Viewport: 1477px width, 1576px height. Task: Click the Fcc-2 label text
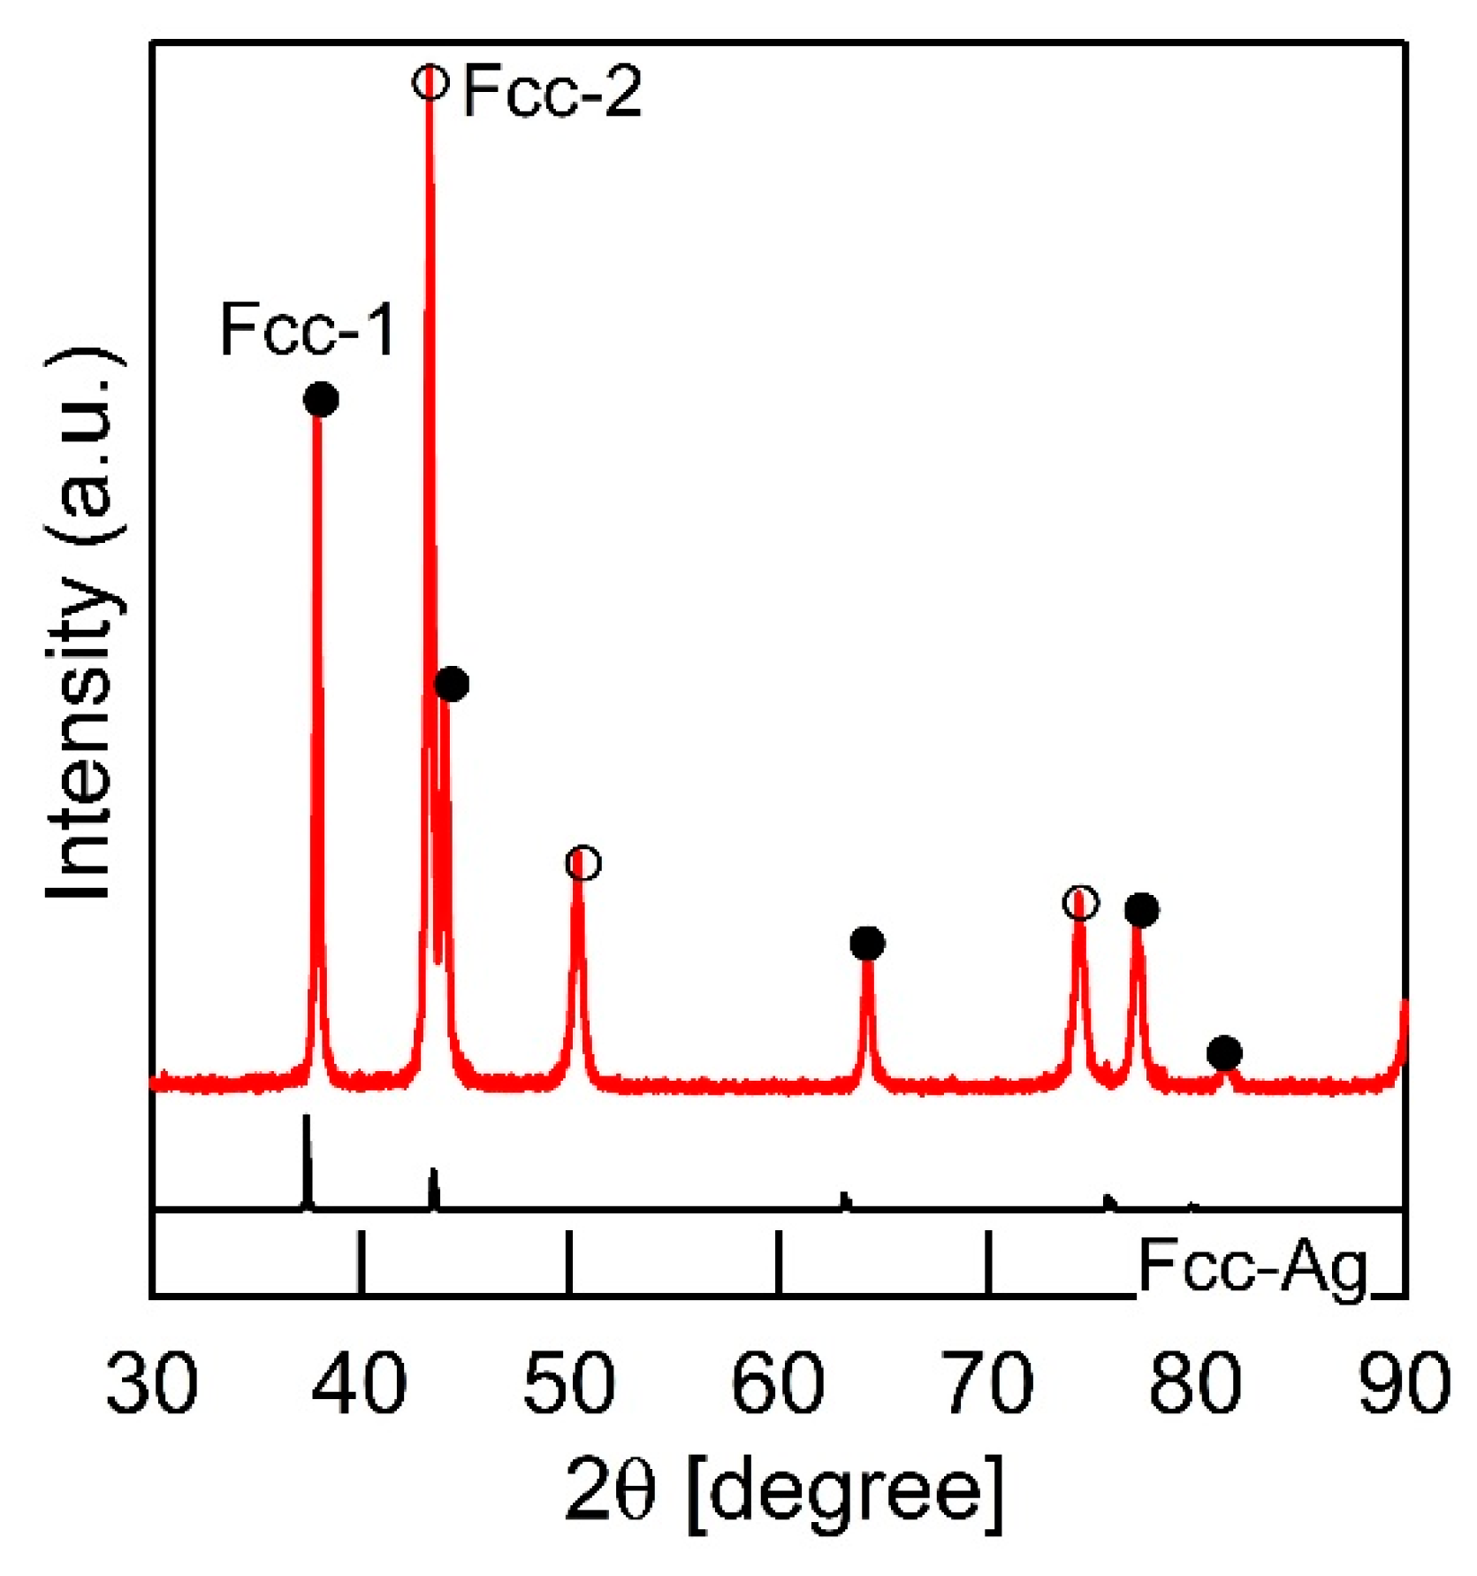click(x=552, y=91)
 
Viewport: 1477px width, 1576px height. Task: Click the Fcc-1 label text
click(x=307, y=329)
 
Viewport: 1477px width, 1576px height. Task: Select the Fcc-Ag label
click(x=1252, y=1266)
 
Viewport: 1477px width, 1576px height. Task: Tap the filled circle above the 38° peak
click(x=321, y=399)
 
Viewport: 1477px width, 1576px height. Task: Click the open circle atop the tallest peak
click(x=430, y=82)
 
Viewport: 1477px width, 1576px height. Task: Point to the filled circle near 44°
click(x=452, y=684)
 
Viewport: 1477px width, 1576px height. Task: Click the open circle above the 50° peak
click(x=582, y=863)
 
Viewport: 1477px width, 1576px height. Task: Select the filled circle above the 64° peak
click(x=867, y=943)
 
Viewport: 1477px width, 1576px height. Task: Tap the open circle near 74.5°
click(x=1080, y=904)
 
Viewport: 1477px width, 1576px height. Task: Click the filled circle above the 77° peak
click(x=1141, y=909)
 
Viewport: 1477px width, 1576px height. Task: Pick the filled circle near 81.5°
click(x=1224, y=1052)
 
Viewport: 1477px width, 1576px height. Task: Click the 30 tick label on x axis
click(x=152, y=1381)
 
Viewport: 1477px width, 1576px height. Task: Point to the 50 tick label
click(x=568, y=1381)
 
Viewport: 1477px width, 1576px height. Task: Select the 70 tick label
click(x=987, y=1381)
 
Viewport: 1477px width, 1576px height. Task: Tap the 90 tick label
click(x=1404, y=1381)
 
